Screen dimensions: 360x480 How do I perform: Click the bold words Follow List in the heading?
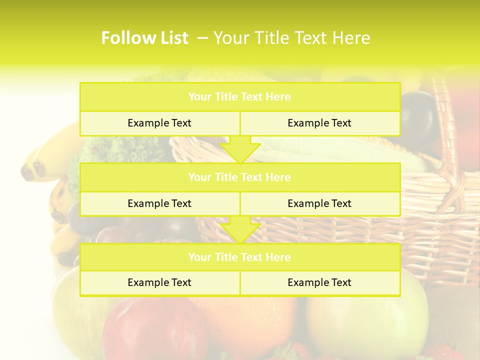point(144,38)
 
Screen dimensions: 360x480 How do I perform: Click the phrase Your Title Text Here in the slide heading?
point(291,38)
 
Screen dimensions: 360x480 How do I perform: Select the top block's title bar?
point(239,97)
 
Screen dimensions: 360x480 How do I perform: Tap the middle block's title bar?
point(239,177)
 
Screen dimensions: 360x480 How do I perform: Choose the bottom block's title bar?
point(239,257)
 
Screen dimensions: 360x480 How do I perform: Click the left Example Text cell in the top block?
point(159,123)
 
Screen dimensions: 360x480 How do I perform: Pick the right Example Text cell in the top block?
point(319,123)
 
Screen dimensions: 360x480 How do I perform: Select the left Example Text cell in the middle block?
point(159,204)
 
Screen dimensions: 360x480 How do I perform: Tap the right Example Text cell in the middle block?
point(319,204)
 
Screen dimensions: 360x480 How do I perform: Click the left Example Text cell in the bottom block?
point(159,283)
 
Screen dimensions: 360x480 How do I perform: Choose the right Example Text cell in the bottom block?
point(319,283)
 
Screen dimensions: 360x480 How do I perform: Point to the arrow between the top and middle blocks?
point(240,150)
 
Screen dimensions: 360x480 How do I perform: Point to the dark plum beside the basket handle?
point(417,117)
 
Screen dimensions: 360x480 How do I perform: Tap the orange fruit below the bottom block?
point(250,320)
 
